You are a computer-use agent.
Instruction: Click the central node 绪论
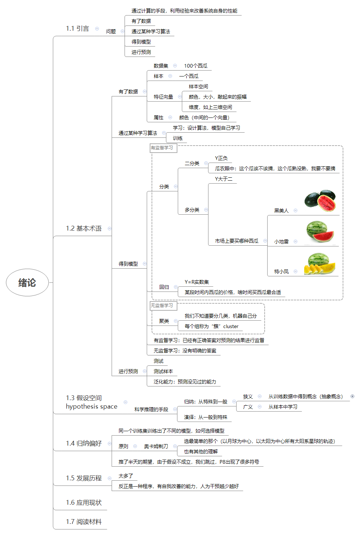pyautogui.click(x=27, y=283)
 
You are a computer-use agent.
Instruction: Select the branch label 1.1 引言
pyautogui.click(x=77, y=29)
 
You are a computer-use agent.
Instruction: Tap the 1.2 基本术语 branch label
pyautogui.click(x=84, y=228)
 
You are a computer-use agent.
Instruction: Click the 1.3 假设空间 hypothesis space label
pyautogui.click(x=91, y=402)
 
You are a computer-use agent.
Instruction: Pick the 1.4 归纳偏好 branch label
pyautogui.click(x=84, y=443)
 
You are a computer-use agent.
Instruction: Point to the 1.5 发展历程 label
pyautogui.click(x=84, y=478)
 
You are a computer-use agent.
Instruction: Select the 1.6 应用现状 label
pyautogui.click(x=84, y=502)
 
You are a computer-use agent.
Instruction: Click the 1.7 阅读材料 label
pyautogui.click(x=84, y=522)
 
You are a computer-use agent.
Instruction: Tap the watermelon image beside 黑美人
pyautogui.click(x=320, y=201)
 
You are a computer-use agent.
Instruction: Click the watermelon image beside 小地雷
pyautogui.click(x=320, y=232)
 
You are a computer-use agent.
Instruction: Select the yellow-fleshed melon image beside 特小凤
pyautogui.click(x=320, y=263)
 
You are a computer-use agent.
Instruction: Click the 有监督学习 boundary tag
pyautogui.click(x=162, y=148)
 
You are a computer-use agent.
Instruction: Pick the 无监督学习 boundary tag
pyautogui.click(x=162, y=306)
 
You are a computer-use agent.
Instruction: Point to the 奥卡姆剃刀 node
pyautogui.click(x=156, y=446)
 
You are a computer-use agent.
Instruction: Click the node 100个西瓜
pyautogui.click(x=196, y=66)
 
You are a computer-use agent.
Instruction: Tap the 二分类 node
pyautogui.click(x=192, y=163)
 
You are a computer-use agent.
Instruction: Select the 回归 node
pyautogui.click(x=164, y=287)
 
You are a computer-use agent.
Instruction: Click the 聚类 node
pyautogui.click(x=164, y=321)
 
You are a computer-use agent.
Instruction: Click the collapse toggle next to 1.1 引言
pyautogui.click(x=97, y=28)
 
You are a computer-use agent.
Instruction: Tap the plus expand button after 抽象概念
pyautogui.click(x=352, y=396)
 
